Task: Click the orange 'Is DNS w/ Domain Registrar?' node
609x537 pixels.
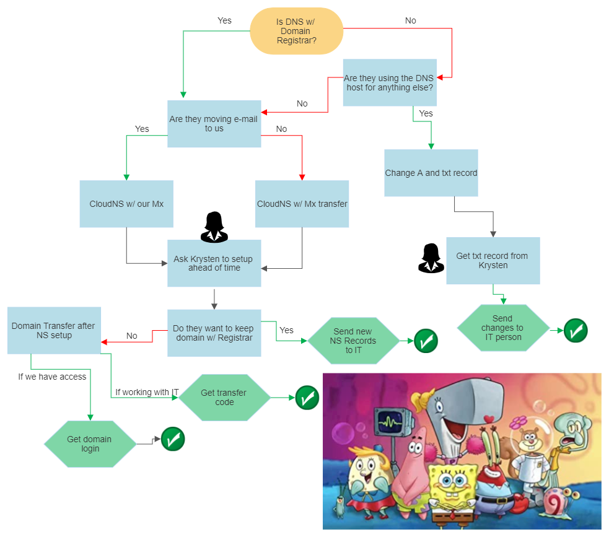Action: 296,31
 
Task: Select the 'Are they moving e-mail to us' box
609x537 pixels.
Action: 214,124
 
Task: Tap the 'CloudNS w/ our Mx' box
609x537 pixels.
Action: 126,204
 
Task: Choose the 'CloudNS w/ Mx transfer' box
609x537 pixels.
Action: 302,204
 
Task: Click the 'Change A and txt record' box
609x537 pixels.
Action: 431,173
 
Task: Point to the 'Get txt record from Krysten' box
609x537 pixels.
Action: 493,261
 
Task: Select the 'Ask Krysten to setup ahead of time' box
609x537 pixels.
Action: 214,263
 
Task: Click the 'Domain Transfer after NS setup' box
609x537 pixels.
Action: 54,331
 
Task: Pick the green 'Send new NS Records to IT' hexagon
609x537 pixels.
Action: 353,341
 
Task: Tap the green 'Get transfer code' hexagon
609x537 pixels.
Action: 224,398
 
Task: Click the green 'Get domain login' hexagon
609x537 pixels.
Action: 90,444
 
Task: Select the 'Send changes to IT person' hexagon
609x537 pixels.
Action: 502,328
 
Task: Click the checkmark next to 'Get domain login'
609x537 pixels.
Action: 173,439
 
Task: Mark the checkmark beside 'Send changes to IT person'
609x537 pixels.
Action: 576,331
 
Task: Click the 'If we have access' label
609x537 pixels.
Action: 52,377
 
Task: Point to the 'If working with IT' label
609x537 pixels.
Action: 147,393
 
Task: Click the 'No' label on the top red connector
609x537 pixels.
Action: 410,21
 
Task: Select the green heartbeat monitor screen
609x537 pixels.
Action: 392,423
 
